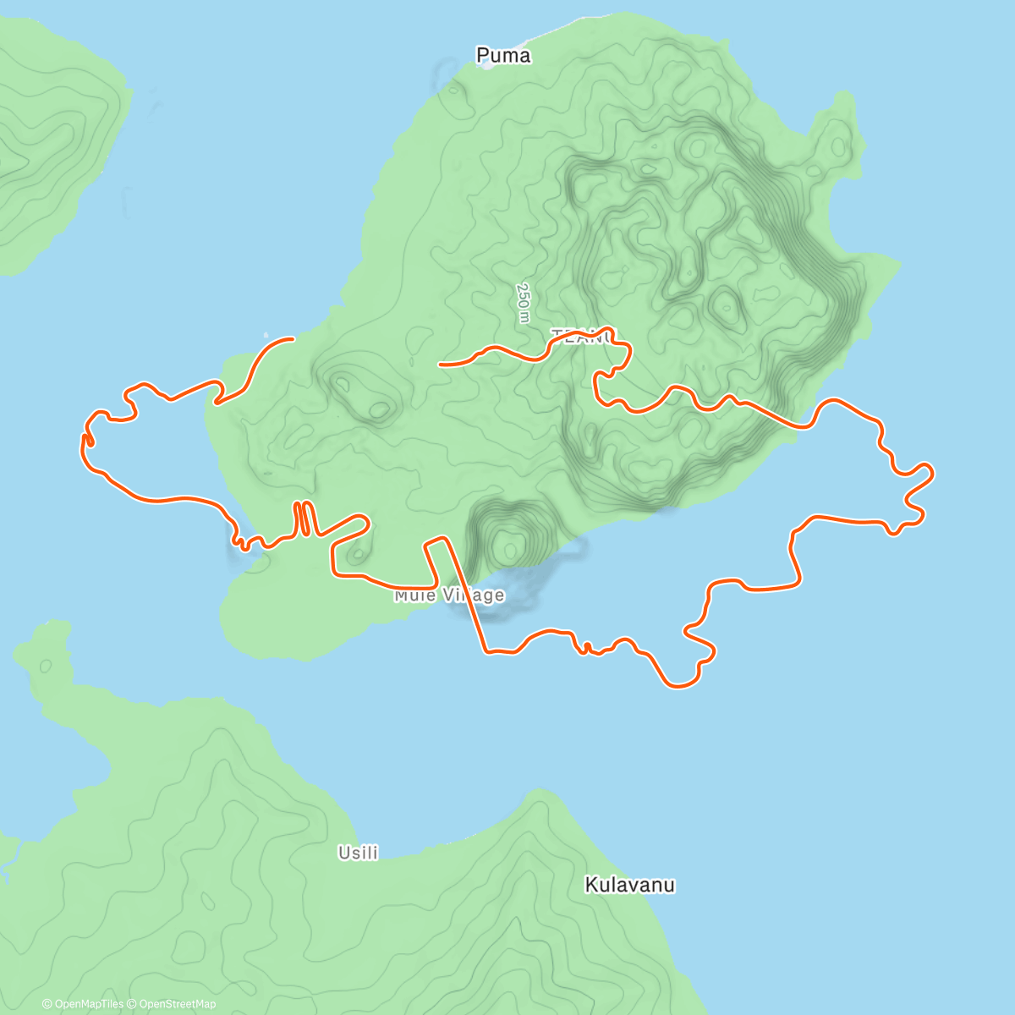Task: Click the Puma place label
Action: coord(503,56)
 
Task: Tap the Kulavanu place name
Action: coord(630,886)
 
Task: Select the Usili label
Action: coord(358,853)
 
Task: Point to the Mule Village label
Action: coord(449,595)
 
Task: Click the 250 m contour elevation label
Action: coord(524,303)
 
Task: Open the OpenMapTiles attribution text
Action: coord(82,1004)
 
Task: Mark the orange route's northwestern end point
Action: coord(292,339)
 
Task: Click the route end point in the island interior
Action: coord(440,365)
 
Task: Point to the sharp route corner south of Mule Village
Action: coord(486,651)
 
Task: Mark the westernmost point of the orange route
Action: coord(84,440)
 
